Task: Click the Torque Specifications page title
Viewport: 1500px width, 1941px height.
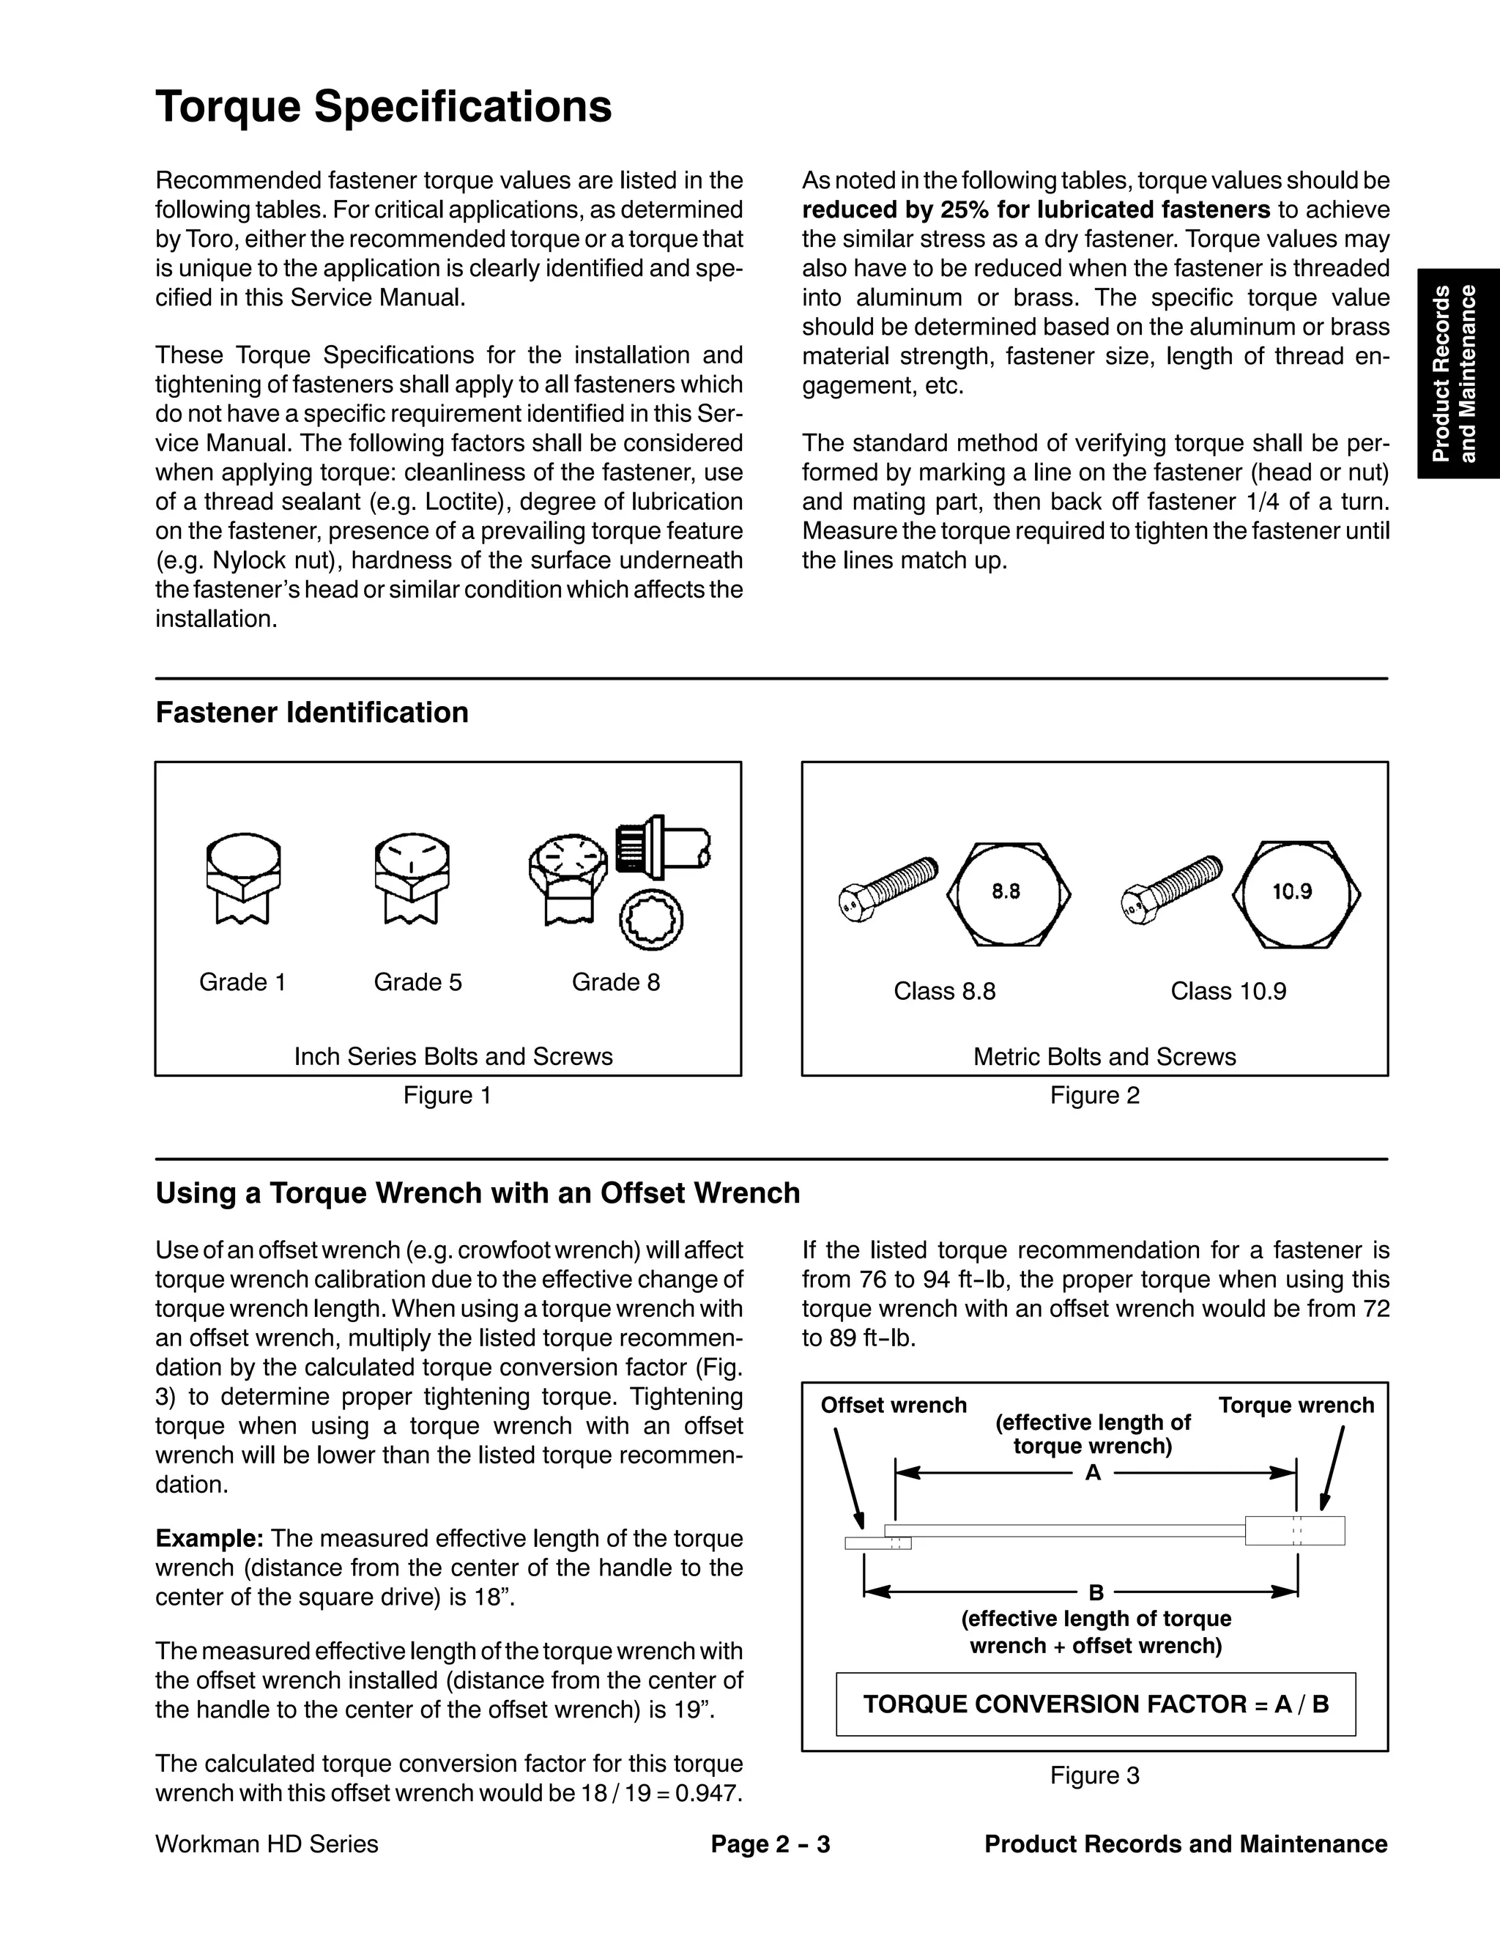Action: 383,107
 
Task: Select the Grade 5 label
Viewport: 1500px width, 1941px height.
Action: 417,982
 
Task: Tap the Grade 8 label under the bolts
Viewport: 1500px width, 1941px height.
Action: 616,982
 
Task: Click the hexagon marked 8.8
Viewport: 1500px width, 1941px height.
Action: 1008,892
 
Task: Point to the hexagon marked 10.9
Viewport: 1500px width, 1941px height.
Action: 1296,892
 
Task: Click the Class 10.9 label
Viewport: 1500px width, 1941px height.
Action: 1228,991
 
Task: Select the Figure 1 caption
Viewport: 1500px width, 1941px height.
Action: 447,1095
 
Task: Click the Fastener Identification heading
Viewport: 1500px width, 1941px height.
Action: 312,713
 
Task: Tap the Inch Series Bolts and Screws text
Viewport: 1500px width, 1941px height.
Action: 453,1057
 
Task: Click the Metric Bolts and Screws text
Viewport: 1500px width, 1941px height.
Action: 1104,1057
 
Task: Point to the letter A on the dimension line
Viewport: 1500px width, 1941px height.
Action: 1093,1473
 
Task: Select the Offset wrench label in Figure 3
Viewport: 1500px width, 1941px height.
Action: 893,1405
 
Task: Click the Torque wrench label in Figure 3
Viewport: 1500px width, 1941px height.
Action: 1296,1405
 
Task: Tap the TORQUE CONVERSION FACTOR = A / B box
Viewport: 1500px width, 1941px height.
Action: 1096,1704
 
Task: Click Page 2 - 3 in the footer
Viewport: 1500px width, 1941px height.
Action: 771,1844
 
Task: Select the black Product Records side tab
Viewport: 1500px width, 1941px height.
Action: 1458,374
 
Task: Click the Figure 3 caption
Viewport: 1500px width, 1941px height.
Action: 1095,1775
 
